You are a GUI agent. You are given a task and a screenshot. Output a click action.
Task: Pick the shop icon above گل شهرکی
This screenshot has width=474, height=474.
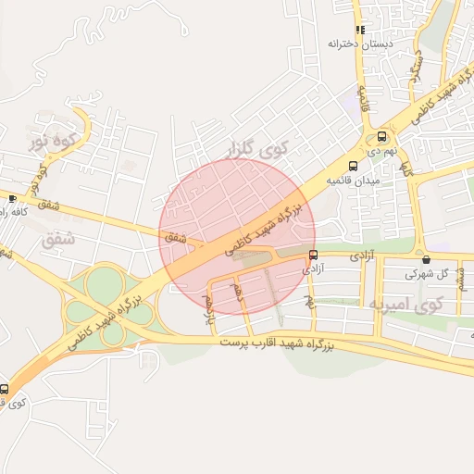pos(425,260)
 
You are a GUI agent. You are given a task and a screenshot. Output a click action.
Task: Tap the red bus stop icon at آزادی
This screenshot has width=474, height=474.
pos(313,256)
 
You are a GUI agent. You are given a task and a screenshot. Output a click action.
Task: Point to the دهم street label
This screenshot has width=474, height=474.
pos(238,295)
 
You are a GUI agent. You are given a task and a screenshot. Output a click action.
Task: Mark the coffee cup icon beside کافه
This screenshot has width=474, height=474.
pos(12,198)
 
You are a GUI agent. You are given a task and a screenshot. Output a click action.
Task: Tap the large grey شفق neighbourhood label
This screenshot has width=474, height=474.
pos(57,239)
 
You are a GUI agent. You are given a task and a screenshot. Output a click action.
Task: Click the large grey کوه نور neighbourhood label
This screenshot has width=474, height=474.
pos(52,143)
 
